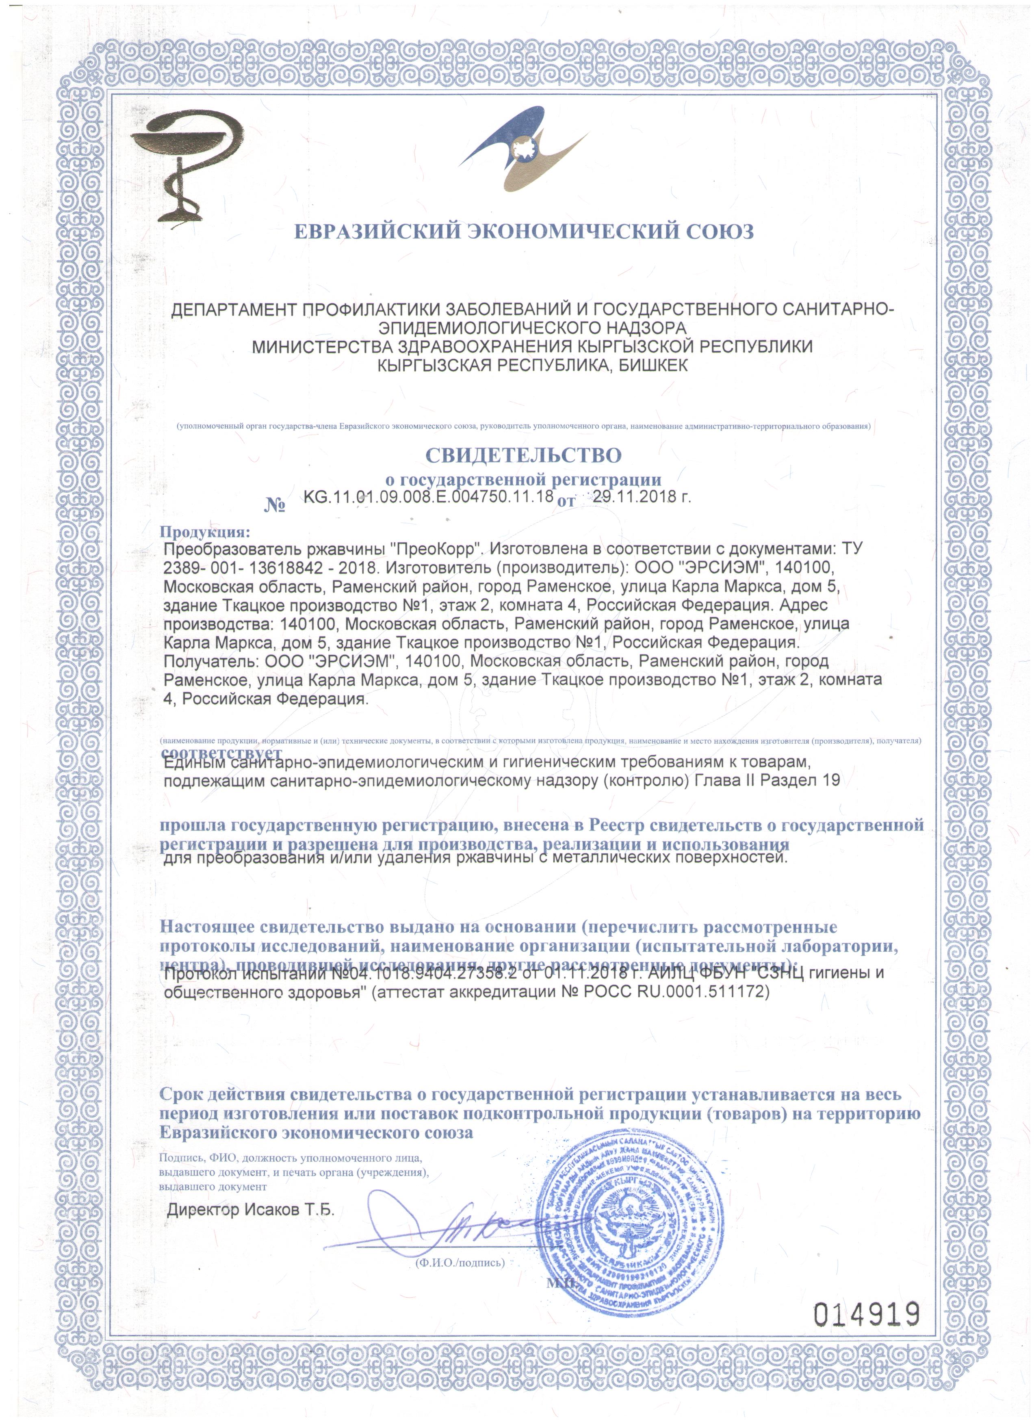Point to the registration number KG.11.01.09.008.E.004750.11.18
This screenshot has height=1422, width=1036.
pos(428,497)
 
